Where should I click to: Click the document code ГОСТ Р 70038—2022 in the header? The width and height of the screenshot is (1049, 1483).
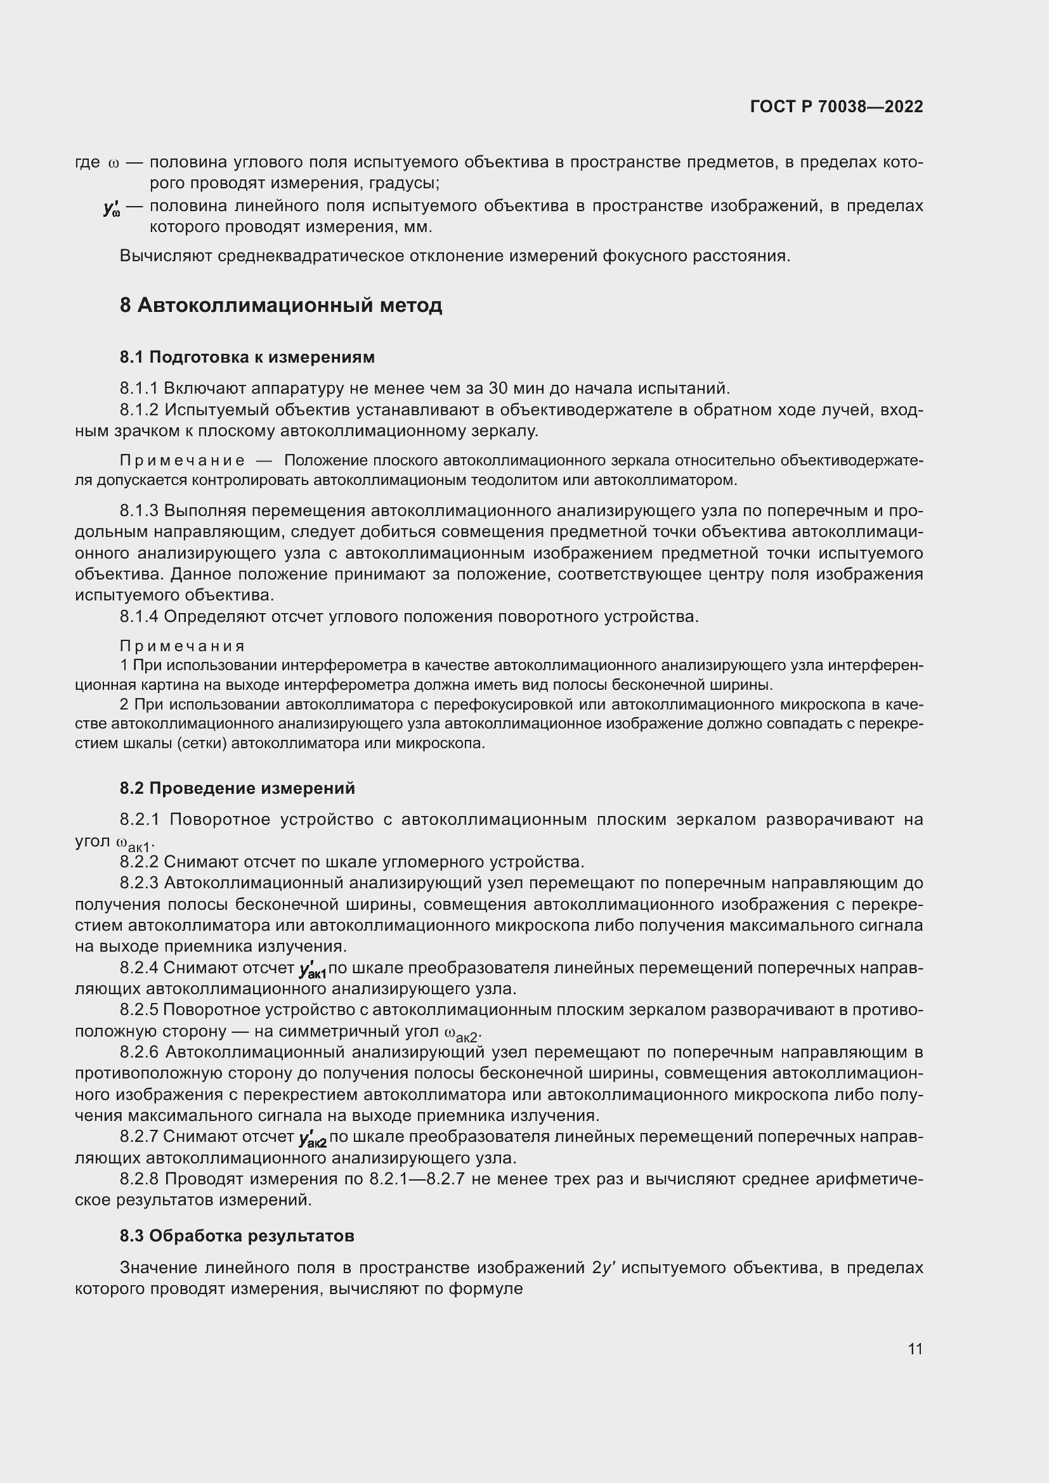837,107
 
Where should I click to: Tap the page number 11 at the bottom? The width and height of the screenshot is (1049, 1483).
915,1349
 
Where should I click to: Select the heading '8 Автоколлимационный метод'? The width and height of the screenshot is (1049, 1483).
280,305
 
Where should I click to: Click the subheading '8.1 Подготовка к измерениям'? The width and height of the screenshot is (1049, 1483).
247,357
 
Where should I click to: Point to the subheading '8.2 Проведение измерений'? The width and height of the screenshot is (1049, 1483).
237,788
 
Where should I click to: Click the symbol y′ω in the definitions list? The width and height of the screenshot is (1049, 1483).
112,208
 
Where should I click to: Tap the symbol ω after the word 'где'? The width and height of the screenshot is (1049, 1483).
114,163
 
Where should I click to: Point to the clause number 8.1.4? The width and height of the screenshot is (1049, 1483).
138,616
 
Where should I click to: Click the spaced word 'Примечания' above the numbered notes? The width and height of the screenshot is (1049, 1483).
182,646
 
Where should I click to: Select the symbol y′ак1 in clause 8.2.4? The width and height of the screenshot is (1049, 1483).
313,969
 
